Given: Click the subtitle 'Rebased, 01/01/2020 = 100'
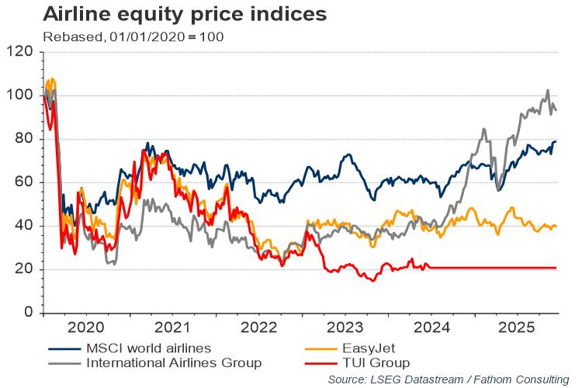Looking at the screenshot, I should pos(133,36).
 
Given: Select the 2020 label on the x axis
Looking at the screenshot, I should pos(87,328).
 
